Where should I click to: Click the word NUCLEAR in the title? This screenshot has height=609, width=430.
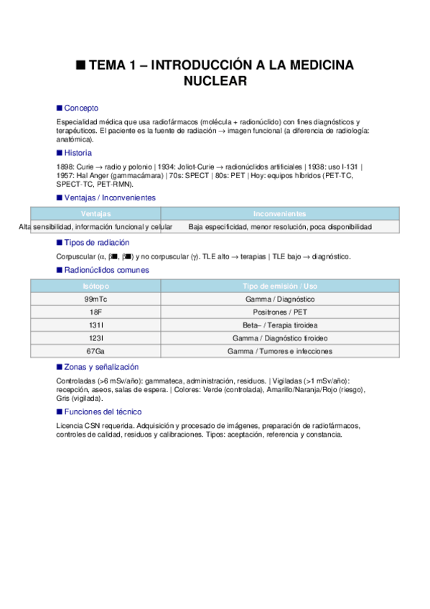[x=215, y=82]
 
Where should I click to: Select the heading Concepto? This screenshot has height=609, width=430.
[x=81, y=108]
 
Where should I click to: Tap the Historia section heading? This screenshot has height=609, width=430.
[x=78, y=153]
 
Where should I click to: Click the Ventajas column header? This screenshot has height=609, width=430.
[x=95, y=214]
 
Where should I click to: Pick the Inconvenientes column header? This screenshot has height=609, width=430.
[x=279, y=214]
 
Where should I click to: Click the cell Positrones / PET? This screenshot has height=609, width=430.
[x=279, y=312]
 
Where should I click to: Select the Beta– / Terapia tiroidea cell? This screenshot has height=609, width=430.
[x=279, y=325]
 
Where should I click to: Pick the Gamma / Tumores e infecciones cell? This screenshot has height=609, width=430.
[x=279, y=351]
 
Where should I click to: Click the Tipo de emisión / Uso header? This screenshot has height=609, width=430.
[x=279, y=286]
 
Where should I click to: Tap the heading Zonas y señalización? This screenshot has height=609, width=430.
[x=101, y=366]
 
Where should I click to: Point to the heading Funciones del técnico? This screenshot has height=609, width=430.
[x=103, y=412]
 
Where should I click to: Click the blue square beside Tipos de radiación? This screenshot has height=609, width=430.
[x=60, y=243]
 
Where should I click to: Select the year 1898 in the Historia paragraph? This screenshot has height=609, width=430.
[x=65, y=166]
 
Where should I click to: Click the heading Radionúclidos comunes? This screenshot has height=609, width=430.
[x=106, y=270]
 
